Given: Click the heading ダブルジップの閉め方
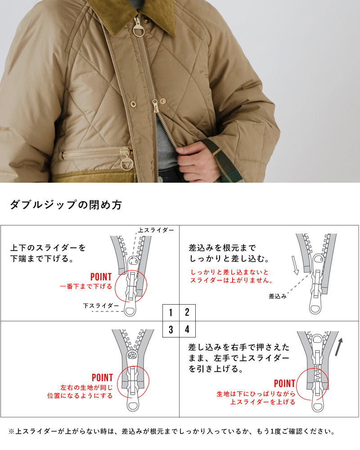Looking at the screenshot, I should [x=66, y=205].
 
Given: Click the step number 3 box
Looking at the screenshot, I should [x=171, y=329].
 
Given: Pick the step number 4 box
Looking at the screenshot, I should [x=187, y=329].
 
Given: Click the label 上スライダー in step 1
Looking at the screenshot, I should [x=156, y=230].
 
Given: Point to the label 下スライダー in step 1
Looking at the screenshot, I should [x=101, y=306].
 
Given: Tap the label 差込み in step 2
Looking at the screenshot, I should [x=278, y=296].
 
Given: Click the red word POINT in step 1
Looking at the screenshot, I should [x=101, y=277].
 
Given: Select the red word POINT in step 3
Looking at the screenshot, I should [x=102, y=378].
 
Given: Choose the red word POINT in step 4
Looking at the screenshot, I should [x=284, y=384].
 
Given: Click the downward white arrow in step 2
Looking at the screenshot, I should [x=295, y=265].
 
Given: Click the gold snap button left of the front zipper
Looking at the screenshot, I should [x=133, y=103].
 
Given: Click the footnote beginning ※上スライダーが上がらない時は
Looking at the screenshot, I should [x=171, y=432].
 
